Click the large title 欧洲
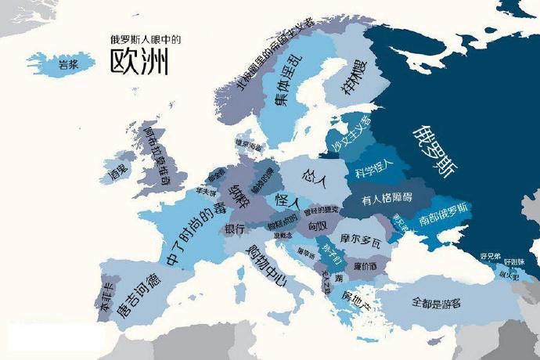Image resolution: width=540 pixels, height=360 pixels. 139,60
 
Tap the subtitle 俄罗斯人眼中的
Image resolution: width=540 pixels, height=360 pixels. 139,37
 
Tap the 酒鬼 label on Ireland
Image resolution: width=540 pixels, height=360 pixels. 118,170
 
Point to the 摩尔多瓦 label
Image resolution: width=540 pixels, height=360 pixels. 361,238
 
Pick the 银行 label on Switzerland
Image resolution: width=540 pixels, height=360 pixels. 235,230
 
